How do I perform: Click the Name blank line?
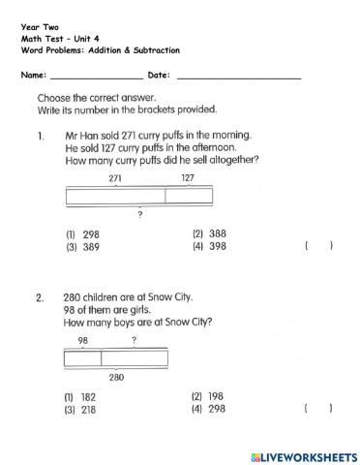click(x=95, y=76)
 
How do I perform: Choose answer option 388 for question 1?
click(x=210, y=233)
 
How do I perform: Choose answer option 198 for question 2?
click(x=210, y=396)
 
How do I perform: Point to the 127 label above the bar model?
click(x=188, y=178)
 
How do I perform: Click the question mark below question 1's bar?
click(x=141, y=214)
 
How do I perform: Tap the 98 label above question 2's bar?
click(x=83, y=341)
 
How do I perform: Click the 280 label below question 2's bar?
click(x=116, y=377)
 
